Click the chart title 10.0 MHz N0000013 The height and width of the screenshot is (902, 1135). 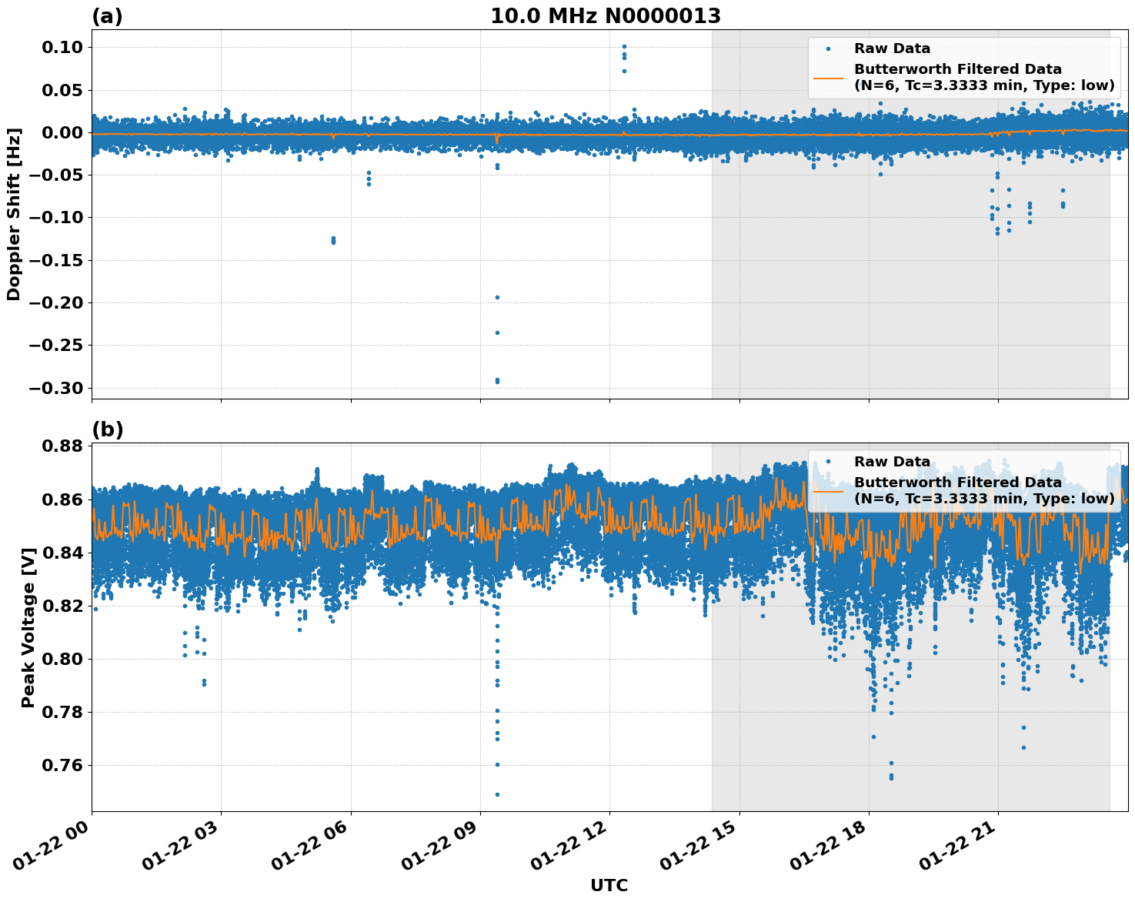coord(606,16)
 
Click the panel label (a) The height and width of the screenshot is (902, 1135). coord(107,16)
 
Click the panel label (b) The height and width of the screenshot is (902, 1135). coord(107,429)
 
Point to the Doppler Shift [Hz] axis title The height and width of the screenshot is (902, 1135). coord(14,214)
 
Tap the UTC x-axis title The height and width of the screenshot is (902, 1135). coord(609,885)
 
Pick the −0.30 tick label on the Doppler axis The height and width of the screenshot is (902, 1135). coord(55,388)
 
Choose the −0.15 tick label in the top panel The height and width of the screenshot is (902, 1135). coord(55,260)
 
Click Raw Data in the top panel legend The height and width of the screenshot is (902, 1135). coord(892,48)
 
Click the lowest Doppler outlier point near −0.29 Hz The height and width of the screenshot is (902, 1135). coord(497,381)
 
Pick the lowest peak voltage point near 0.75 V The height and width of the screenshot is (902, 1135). coord(497,794)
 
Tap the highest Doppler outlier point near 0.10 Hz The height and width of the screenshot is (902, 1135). coord(624,47)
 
